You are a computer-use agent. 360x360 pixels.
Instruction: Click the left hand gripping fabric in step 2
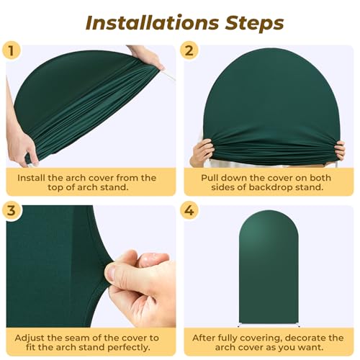(203, 151)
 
